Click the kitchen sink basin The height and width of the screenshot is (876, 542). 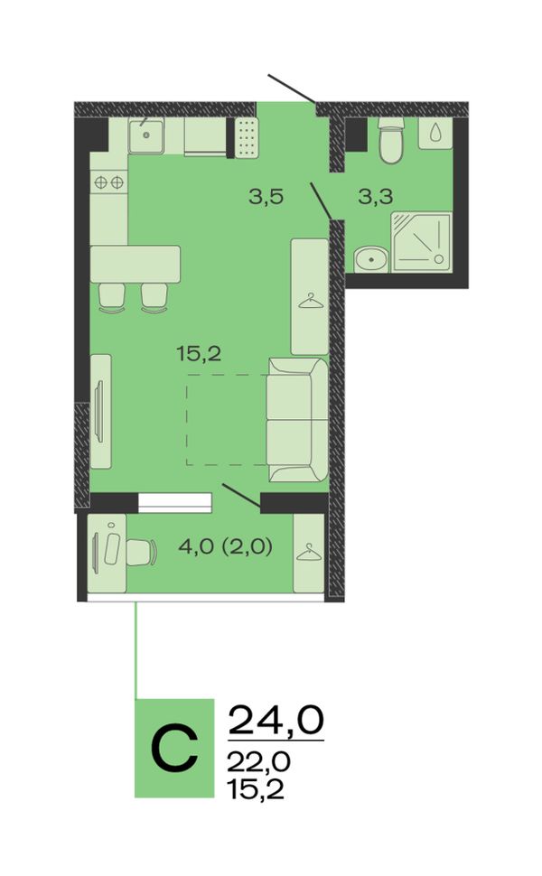tap(145, 135)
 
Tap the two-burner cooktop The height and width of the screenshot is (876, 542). tap(109, 182)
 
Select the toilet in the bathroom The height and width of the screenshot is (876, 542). tap(390, 140)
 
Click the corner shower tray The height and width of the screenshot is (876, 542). tap(421, 241)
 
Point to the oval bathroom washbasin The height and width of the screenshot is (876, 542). tap(370, 260)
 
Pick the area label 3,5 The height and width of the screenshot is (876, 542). tap(266, 197)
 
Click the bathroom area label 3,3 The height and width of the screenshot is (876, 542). tap(376, 197)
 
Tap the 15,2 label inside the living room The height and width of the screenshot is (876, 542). tap(199, 353)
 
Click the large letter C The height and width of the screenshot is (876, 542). tap(175, 748)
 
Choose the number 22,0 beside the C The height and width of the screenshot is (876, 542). tap(259, 760)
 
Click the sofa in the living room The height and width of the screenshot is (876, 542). tap(296, 420)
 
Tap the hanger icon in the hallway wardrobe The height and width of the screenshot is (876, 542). tap(310, 303)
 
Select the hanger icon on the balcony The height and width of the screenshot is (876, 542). tap(309, 553)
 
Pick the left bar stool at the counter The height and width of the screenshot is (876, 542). tap(112, 298)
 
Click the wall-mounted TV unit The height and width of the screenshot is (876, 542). tap(100, 411)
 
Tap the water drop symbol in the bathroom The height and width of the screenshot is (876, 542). tap(435, 133)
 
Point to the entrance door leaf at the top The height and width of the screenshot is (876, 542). tap(293, 89)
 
